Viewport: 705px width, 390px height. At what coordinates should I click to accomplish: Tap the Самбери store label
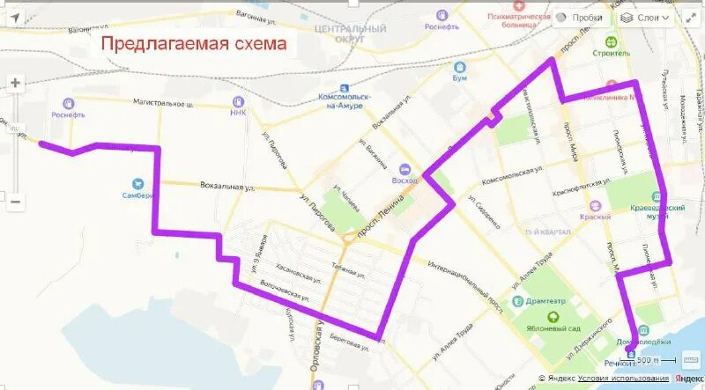pos(138,195)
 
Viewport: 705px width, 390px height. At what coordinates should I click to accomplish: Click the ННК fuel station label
pos(238,112)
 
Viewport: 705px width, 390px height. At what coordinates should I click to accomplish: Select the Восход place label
pos(404,179)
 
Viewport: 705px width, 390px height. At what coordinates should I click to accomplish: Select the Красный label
pos(596,217)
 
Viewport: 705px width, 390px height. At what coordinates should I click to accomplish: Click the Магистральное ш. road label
pos(163,104)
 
